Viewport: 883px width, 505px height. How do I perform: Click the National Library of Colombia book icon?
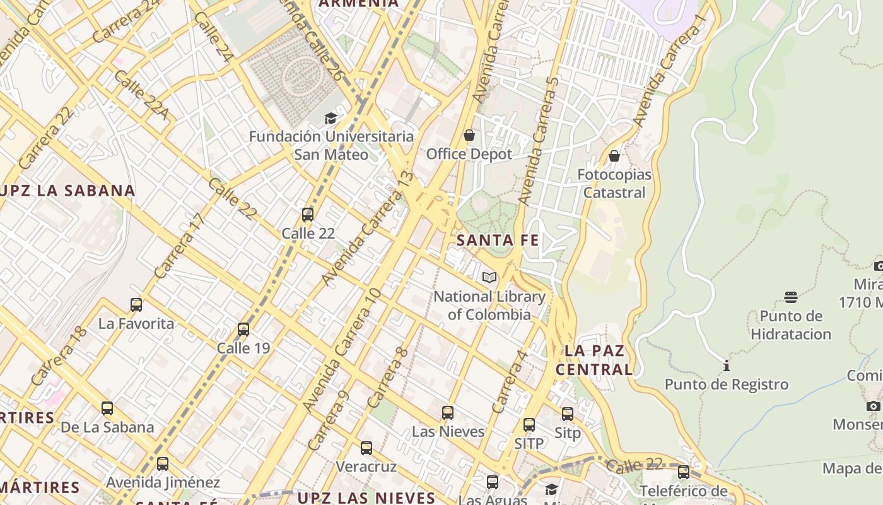click(489, 277)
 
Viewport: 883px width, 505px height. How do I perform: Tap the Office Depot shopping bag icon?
click(469, 135)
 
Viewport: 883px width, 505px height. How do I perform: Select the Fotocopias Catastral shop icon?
click(614, 156)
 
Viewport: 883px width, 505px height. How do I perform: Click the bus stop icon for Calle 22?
click(308, 215)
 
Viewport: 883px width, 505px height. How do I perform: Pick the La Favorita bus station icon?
click(136, 305)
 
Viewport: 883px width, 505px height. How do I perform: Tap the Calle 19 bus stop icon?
click(243, 330)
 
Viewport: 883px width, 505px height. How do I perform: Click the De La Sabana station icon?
click(107, 408)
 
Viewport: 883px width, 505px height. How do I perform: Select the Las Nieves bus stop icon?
click(448, 413)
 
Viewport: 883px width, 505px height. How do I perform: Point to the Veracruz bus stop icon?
click(366, 448)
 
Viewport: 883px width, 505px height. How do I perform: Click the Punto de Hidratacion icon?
click(791, 297)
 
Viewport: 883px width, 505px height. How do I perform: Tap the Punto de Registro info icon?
click(727, 365)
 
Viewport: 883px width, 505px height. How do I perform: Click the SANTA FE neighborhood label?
click(498, 240)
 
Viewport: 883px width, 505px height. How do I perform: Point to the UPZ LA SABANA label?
click(68, 191)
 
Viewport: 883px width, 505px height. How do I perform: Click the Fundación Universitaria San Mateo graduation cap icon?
click(330, 118)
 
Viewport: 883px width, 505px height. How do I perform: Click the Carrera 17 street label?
click(180, 246)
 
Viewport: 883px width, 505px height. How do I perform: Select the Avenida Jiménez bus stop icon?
click(163, 464)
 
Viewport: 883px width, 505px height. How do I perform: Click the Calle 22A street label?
click(142, 95)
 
